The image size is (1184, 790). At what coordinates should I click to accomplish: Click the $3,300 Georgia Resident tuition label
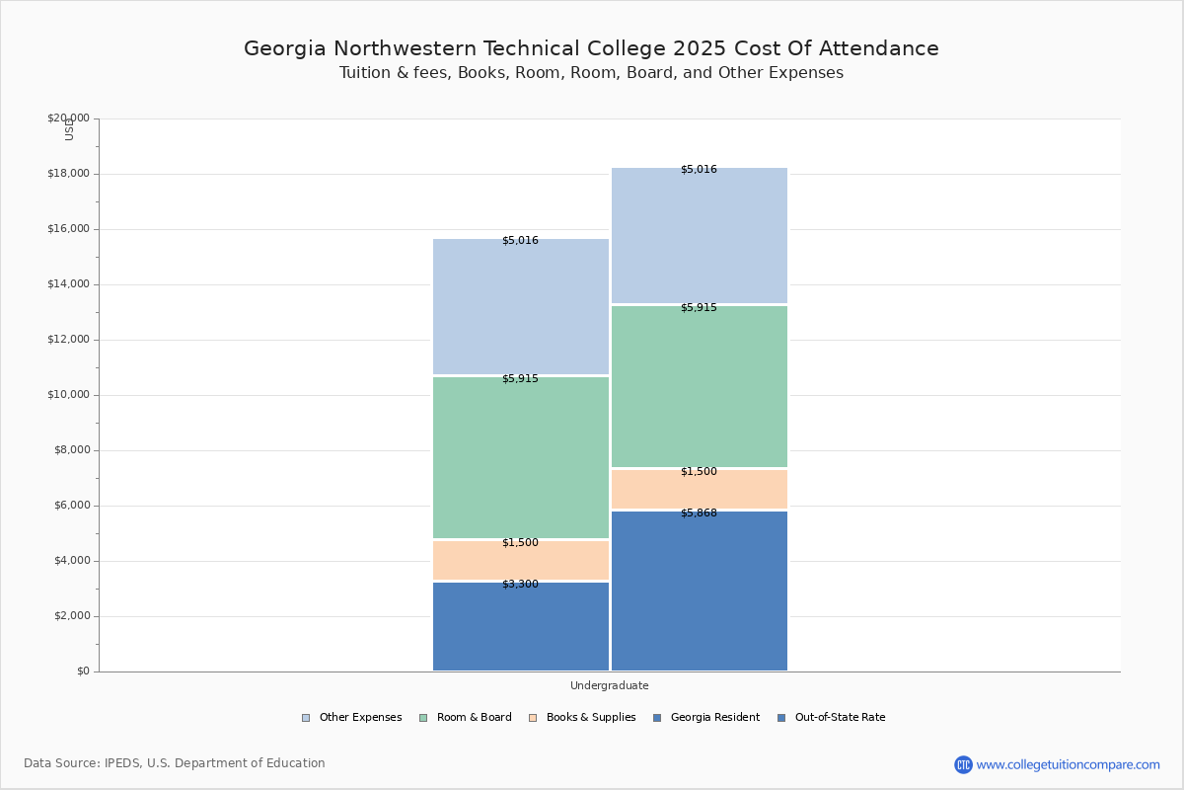pos(520,585)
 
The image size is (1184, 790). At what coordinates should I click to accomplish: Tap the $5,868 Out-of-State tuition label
pos(699,513)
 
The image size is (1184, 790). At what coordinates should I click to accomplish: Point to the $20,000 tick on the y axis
pos(68,118)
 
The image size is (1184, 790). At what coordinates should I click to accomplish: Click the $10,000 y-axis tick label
pos(68,395)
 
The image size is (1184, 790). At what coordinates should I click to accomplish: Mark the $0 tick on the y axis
pos(83,671)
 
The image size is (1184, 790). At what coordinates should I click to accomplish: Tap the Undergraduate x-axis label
pos(609,685)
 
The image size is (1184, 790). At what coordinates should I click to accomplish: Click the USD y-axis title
pos(69,129)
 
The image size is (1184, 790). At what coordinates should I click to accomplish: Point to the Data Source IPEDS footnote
pos(175,763)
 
